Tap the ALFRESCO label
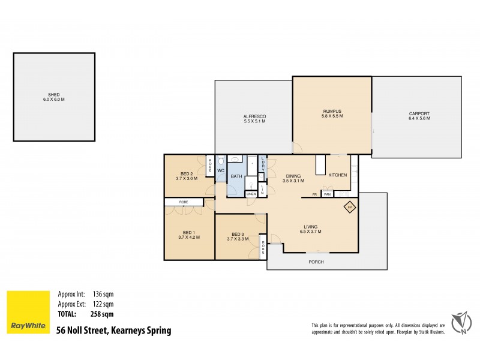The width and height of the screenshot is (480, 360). tap(254, 116)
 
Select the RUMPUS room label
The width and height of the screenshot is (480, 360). tap(332, 111)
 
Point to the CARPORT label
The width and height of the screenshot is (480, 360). tap(419, 113)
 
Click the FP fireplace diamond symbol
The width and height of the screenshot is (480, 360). tap(349, 208)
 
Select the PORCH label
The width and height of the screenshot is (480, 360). tap(316, 262)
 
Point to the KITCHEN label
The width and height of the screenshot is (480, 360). tap(337, 175)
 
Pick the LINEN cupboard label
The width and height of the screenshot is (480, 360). tap(251, 194)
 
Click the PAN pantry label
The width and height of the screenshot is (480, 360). tap(327, 194)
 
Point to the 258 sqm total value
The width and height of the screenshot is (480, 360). tap(103, 313)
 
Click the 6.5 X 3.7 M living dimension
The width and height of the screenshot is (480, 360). tap(311, 232)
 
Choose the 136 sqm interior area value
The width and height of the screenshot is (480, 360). tap(103, 294)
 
